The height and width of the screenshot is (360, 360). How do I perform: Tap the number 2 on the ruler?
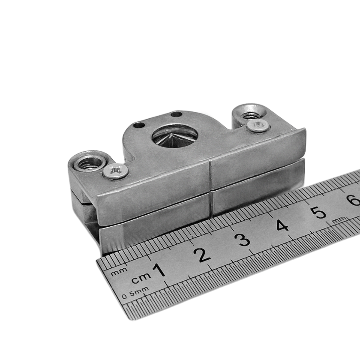click(x=202, y=255)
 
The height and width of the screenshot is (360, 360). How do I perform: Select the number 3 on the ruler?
click(x=243, y=240)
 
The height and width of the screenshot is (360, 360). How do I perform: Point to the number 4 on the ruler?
click(x=282, y=225)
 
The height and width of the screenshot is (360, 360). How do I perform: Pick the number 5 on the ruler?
click(x=319, y=213)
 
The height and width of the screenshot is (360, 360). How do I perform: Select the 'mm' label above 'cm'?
click(x=119, y=272)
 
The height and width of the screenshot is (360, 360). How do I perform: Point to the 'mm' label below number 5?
click(x=339, y=219)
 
